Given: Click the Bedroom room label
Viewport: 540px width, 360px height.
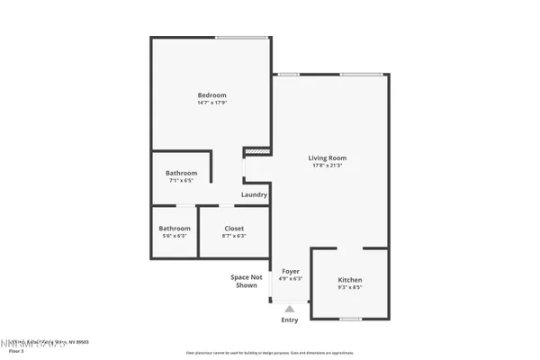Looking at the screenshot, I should coord(212,94).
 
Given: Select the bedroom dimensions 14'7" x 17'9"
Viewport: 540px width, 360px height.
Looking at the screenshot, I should coord(212,103).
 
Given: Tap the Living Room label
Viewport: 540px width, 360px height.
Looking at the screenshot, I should coord(328,157).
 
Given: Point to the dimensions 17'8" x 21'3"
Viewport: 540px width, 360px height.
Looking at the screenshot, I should coord(328,166).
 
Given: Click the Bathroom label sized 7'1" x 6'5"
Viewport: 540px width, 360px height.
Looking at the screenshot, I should coord(181,173).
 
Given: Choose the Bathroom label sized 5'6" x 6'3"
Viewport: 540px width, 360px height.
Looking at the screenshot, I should coord(175,228).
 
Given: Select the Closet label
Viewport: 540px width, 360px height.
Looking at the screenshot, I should coord(234,228).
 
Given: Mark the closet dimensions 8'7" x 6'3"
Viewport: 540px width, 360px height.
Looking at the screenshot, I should coord(234,236).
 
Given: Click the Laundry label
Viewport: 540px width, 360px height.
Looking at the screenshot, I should coord(254,194).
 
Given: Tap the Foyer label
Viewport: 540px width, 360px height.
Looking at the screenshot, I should coord(291,271).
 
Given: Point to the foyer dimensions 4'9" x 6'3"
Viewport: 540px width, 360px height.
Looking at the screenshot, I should coord(291,279).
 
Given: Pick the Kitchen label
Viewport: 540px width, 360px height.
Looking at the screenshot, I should coord(350,280).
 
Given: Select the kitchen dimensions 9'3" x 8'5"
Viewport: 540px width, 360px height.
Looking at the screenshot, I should coord(350,288).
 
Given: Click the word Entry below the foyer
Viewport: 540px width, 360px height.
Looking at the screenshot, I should coord(290,320).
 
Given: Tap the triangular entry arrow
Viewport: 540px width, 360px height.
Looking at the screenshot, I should coord(290,308).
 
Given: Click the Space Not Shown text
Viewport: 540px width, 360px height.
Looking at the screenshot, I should coord(247,281).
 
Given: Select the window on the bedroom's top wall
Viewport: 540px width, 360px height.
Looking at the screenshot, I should coord(241,38).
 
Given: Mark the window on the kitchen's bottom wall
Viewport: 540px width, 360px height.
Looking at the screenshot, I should coord(350,319).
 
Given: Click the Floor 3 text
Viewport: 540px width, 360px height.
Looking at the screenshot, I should coord(16,351).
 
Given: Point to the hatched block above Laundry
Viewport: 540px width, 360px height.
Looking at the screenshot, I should coord(257,151).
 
